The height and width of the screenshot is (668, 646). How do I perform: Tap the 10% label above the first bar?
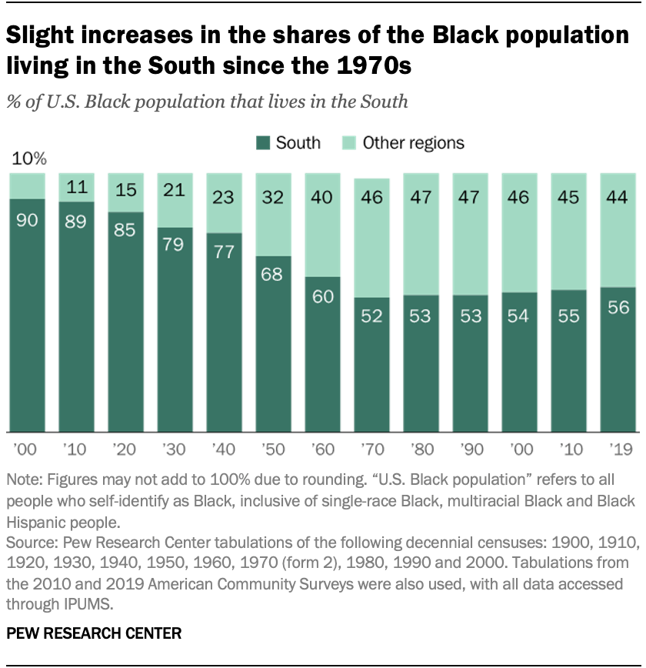28,160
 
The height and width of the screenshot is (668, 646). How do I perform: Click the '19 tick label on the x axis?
618,447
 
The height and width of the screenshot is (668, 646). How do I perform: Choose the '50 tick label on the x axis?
272,447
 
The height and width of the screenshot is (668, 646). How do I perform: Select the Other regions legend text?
413,143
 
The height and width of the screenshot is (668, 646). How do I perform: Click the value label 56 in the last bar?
618,309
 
